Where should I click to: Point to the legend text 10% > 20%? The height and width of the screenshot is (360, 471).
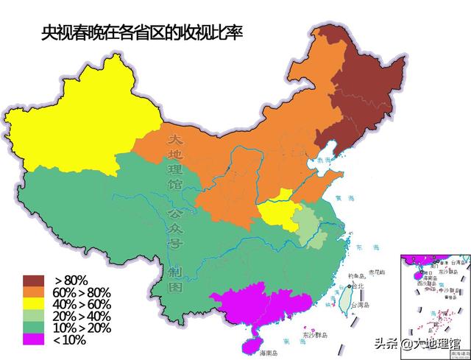82,328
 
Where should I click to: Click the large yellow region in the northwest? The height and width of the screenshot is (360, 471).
81,125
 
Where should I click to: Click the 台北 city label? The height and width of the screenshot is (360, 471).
358,286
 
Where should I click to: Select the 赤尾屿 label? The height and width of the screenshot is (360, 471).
378,272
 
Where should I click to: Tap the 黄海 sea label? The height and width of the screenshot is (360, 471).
343,197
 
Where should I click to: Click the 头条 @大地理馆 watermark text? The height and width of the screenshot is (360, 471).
417,343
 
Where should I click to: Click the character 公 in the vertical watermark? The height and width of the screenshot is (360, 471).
175,215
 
